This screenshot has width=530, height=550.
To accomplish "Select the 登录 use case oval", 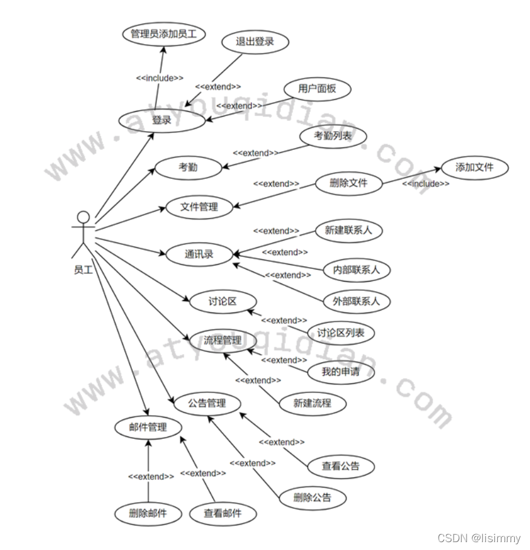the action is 162,120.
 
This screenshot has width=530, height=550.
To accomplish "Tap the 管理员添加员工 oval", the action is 163,34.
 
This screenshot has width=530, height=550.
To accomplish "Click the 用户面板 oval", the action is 317,89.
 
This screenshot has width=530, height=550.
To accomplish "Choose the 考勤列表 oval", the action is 333,136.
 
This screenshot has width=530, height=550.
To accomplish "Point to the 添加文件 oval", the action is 474,167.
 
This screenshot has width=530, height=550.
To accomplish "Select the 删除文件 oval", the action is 348,183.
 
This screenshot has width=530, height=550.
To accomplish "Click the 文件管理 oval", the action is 199,207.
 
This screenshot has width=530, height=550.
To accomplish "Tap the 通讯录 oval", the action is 199,254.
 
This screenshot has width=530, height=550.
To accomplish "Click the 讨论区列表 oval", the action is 341,332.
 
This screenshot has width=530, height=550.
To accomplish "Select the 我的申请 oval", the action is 340,372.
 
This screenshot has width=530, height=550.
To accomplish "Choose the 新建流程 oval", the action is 312,403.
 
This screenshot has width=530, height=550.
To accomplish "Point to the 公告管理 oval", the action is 207,403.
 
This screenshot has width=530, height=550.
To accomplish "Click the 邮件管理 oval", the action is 148,427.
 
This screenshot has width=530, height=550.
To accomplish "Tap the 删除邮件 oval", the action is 148,514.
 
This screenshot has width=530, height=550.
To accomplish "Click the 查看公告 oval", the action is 340,466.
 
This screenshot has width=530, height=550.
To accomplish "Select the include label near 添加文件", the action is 426,184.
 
